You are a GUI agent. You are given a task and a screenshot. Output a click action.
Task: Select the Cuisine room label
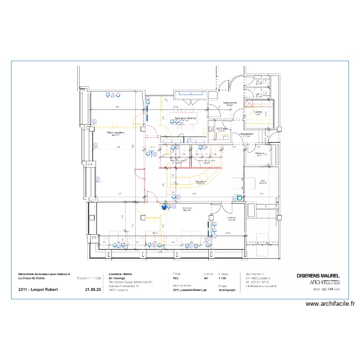[258, 112]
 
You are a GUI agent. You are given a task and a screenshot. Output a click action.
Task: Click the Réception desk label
[201, 182]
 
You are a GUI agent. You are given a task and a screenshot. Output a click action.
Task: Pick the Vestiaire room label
[260, 154]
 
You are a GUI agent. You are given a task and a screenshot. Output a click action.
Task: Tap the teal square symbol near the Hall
[239, 197]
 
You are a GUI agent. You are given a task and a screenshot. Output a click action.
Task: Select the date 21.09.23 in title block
[93, 290]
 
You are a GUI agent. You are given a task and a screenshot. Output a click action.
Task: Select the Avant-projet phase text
[228, 290]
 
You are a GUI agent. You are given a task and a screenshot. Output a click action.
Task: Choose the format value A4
[206, 278]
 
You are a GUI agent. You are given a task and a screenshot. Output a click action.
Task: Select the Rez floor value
[176, 278]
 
